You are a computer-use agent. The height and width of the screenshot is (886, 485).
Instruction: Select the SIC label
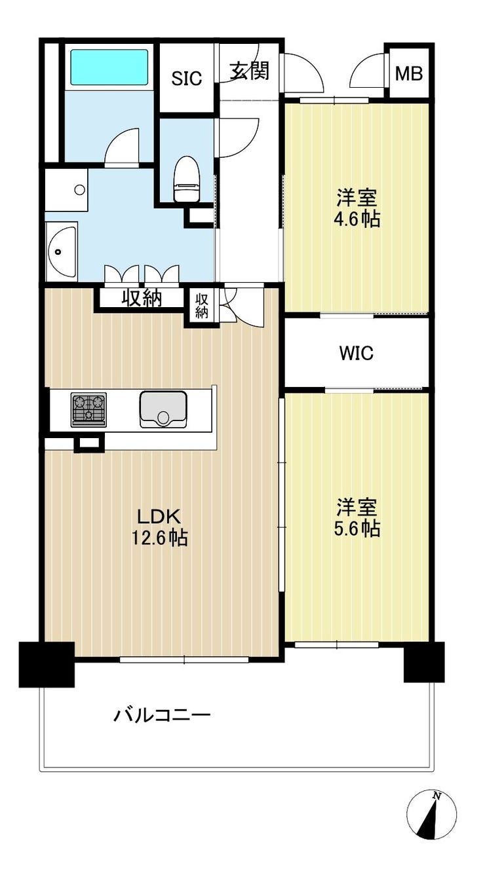pyautogui.click(x=187, y=79)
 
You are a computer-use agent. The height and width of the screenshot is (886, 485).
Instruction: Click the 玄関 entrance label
pyautogui.click(x=250, y=71)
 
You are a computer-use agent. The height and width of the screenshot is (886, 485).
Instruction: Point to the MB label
pyautogui.click(x=409, y=73)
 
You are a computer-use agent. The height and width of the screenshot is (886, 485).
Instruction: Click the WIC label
pyautogui.click(x=357, y=353)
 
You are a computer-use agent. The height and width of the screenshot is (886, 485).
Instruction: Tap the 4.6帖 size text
pyautogui.click(x=357, y=219)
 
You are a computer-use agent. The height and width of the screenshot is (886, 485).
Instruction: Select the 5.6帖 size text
pyautogui.click(x=357, y=529)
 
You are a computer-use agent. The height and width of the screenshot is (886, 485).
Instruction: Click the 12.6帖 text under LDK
pyautogui.click(x=159, y=538)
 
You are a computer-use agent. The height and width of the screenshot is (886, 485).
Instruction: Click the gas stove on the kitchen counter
pyautogui.click(x=88, y=410)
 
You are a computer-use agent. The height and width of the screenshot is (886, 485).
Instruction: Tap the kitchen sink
pyautogui.click(x=163, y=409)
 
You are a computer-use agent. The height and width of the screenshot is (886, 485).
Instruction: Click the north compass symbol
pyautogui.click(x=431, y=834)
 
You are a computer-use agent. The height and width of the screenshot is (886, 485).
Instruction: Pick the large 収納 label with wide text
pyautogui.click(x=142, y=298)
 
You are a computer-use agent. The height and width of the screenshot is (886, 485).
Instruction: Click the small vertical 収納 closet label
pyautogui.click(x=201, y=306)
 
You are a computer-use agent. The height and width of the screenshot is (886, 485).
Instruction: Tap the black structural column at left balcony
pyautogui.click(x=47, y=665)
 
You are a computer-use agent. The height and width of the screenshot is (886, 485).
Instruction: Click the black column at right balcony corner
pyautogui.click(x=423, y=663)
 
